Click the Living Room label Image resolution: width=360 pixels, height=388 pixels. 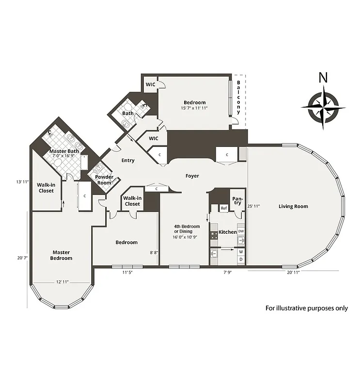(x=293, y=207)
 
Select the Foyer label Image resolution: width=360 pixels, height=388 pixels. (x=192, y=176)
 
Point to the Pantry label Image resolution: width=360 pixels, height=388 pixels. (x=237, y=201)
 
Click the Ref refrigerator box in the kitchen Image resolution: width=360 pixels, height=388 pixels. (x=224, y=209)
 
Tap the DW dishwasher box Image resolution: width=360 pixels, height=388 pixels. (x=241, y=231)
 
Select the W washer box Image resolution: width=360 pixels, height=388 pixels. (x=241, y=252)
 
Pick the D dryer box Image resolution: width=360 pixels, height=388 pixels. (x=241, y=260)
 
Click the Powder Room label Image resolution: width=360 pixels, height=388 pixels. (x=104, y=180)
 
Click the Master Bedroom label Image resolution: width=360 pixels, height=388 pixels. (x=62, y=255)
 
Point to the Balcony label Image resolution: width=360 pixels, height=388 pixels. (x=239, y=97)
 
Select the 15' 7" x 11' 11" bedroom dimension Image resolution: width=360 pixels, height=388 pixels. (x=194, y=108)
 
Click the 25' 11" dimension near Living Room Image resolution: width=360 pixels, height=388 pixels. (x=253, y=206)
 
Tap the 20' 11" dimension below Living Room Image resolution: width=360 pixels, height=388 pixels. (x=293, y=273)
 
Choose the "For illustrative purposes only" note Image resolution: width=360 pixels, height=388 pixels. (x=306, y=308)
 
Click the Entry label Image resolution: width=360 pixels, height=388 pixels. (x=128, y=161)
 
